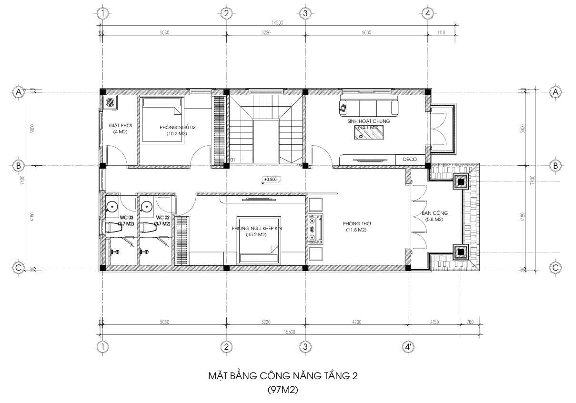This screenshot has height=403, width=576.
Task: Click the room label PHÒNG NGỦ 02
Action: (177, 127)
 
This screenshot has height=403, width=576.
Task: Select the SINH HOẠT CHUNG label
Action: (368, 121)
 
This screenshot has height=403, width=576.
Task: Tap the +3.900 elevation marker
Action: (270, 180)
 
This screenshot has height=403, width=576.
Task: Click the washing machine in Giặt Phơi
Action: (111, 102)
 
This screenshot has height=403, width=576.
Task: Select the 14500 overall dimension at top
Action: (276, 23)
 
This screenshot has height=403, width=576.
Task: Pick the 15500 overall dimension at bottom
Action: (289, 332)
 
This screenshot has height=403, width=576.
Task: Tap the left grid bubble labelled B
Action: (19, 166)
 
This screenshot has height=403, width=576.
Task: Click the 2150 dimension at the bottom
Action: (435, 322)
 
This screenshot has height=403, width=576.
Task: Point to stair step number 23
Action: (299, 165)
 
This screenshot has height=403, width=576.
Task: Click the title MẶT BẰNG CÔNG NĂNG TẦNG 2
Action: (283, 376)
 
